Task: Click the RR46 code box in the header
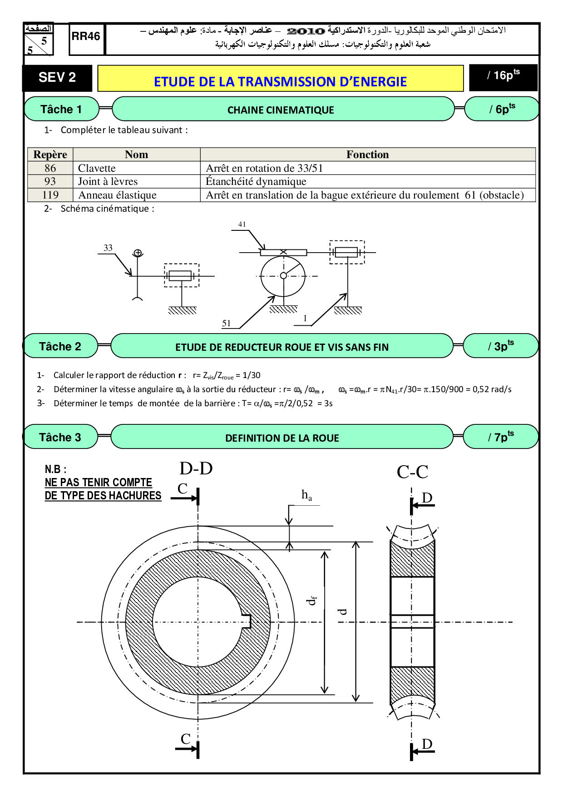click(86, 39)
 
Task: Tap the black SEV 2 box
click(57, 78)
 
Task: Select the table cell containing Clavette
click(137, 168)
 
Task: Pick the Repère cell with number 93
click(50, 181)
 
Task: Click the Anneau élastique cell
click(137, 195)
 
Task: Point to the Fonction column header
click(368, 154)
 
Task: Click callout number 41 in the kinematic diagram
click(242, 224)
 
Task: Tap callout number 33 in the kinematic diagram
click(108, 248)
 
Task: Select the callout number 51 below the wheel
click(226, 323)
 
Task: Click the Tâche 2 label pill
click(60, 346)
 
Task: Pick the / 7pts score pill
click(501, 437)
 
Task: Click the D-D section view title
click(196, 468)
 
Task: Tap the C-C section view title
click(412, 472)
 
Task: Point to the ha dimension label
click(307, 495)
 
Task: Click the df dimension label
click(311, 601)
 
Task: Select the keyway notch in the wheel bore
click(247, 622)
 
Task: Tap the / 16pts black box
click(503, 77)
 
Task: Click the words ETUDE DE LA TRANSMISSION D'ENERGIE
click(280, 82)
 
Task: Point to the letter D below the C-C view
click(427, 744)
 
